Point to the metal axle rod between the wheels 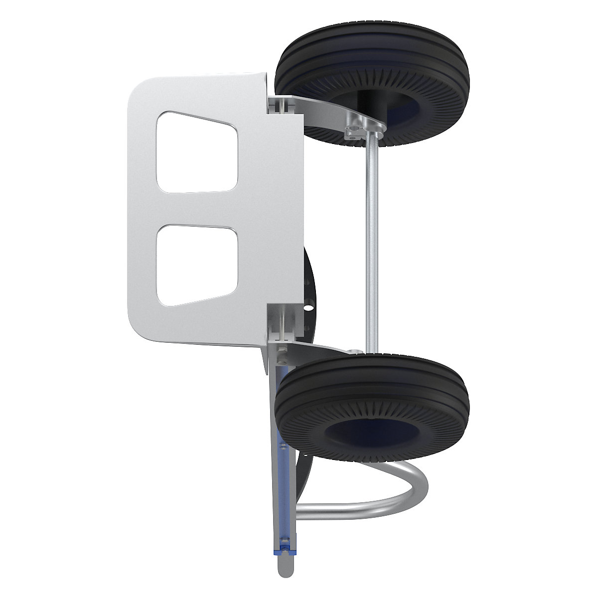point(371,239)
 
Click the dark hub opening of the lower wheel point(379,431)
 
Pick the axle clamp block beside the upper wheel point(355,132)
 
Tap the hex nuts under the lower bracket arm point(281,354)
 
